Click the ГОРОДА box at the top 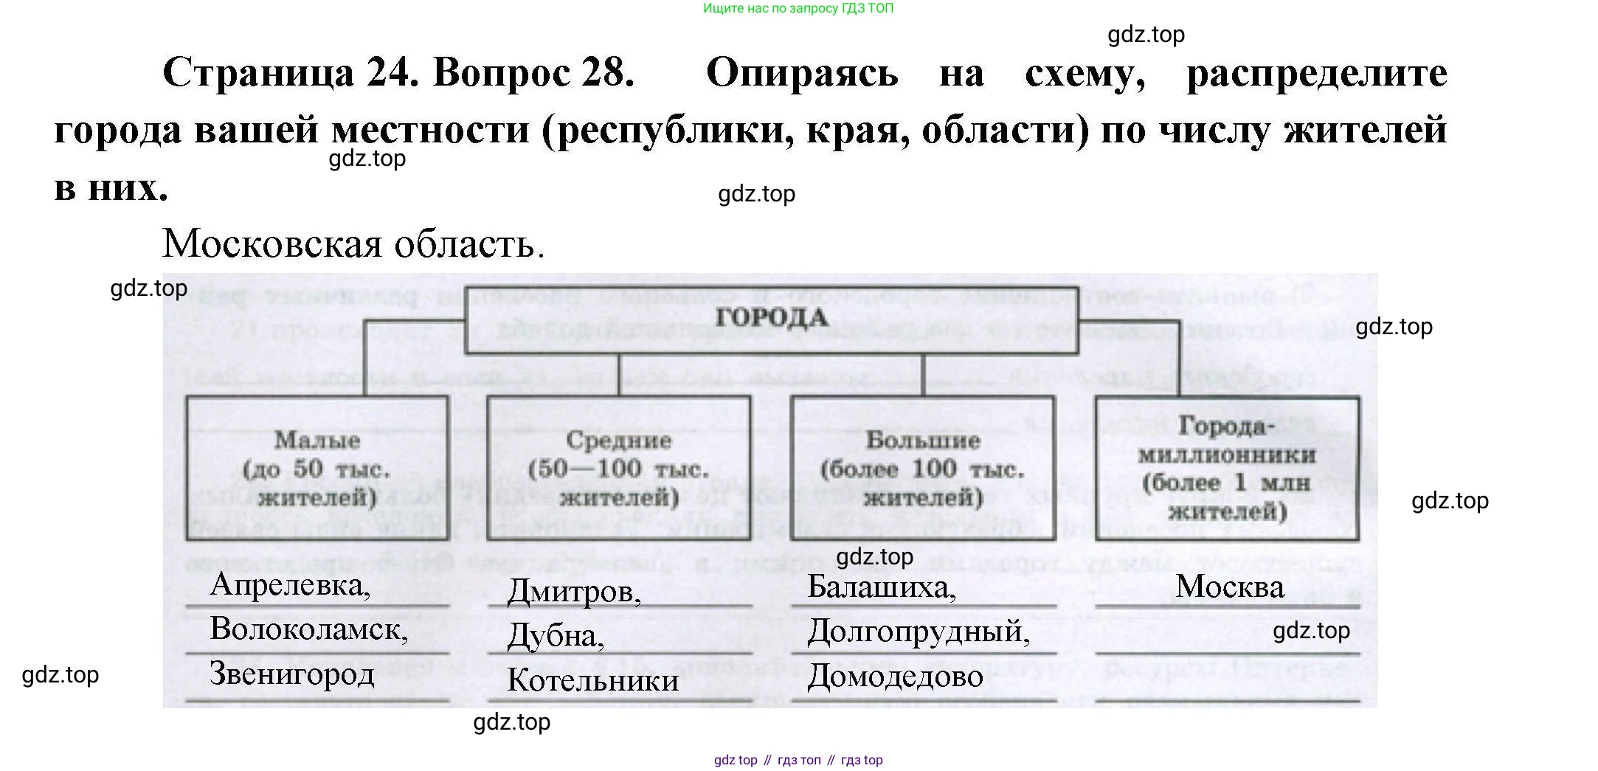click(x=771, y=319)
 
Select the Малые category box click(x=317, y=468)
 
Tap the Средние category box click(x=619, y=468)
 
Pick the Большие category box click(x=922, y=468)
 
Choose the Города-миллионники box click(x=1227, y=468)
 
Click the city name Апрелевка click(x=290, y=585)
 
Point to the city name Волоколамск click(x=308, y=629)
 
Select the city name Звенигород click(x=292, y=674)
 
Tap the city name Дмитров click(x=574, y=592)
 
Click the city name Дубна click(x=555, y=636)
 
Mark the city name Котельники click(x=593, y=680)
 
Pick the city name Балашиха click(x=882, y=587)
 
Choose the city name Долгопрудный click(x=919, y=632)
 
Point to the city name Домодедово click(x=895, y=677)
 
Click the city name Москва click(x=1230, y=587)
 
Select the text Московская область click(x=353, y=243)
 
